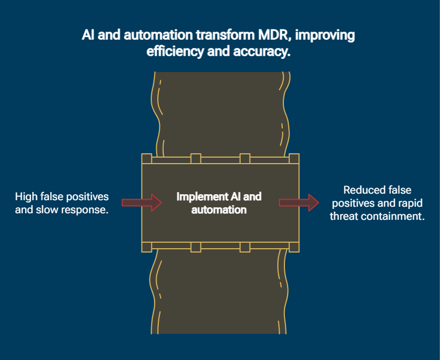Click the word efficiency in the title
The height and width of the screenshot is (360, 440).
[x=172, y=52]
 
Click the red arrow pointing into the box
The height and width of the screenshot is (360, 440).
[x=141, y=202]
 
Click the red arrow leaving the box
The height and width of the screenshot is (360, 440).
[x=299, y=202]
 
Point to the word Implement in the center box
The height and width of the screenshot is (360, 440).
[x=200, y=196]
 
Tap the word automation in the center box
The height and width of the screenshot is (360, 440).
[x=219, y=209]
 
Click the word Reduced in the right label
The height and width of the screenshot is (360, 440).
[x=362, y=190]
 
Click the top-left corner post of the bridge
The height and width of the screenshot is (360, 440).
[x=146, y=159]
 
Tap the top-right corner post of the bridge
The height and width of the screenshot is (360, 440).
[x=294, y=159]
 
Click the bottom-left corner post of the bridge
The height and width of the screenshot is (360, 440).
[x=146, y=247]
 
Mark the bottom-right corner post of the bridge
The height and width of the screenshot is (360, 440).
[x=294, y=247]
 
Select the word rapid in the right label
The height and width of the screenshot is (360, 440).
[x=409, y=203]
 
